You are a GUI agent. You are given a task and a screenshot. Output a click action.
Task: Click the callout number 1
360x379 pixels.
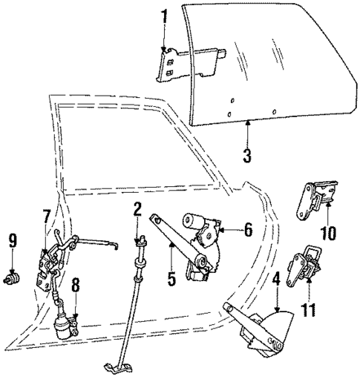pos(165,14)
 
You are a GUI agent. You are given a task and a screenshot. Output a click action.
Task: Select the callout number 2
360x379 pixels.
pos(138,210)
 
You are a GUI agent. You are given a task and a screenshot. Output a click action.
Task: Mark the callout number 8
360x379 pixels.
pos(75,284)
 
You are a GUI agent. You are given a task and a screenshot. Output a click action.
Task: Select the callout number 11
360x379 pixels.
pos(308,306)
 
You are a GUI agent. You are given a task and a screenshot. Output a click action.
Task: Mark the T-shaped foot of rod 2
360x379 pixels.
pos(119,366)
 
